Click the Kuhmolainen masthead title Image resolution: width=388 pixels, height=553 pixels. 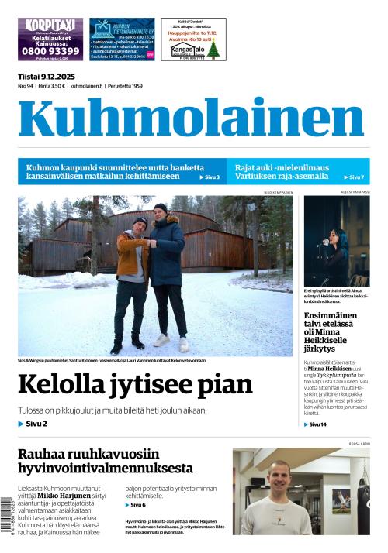click(191, 118)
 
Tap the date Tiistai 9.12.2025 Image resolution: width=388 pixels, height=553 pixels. click(47, 76)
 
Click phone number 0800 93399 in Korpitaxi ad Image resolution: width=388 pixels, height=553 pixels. click(50, 50)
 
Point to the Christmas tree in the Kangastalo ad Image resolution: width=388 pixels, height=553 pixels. click(213, 49)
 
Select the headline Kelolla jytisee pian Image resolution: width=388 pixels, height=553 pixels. click(135, 384)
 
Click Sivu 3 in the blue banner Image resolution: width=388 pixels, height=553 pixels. click(209, 177)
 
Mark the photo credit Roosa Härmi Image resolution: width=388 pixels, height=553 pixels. click(358, 445)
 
